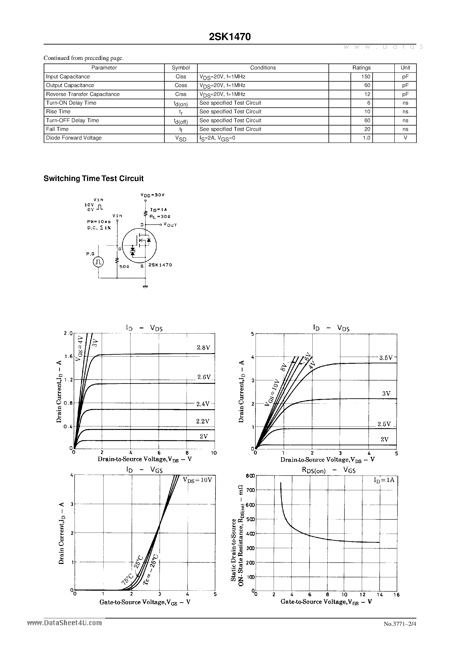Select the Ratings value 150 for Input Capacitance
click(366, 77)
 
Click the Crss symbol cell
click(181, 94)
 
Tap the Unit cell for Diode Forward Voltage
click(405, 138)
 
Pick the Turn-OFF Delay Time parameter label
click(73, 120)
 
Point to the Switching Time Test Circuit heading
click(93, 178)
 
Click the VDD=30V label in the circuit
click(153, 195)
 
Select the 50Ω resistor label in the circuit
click(124, 267)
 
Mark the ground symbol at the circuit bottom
click(145, 287)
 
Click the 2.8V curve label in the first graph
click(203, 348)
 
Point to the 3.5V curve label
click(386, 358)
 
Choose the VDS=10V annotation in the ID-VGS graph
click(197, 480)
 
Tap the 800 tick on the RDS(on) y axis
click(250, 476)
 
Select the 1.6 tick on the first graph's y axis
click(68, 356)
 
